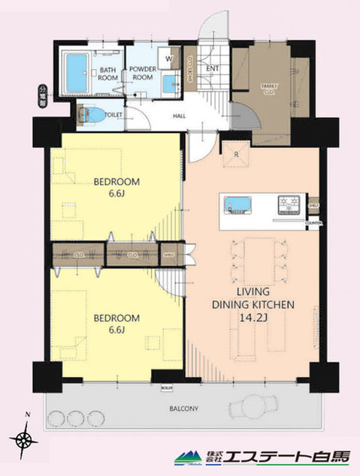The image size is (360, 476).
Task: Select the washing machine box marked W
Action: pyautogui.click(x=168, y=59)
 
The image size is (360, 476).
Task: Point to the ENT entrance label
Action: pyautogui.click(x=213, y=70)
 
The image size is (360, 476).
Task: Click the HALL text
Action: pyautogui.click(x=180, y=116)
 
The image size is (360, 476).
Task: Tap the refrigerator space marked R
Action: pyautogui.click(x=236, y=155)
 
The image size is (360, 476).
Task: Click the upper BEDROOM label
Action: pyautogui.click(x=115, y=181)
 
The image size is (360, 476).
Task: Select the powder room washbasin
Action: pyautogui.click(x=172, y=83)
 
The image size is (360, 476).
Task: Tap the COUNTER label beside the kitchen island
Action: pyautogui.click(x=314, y=223)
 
